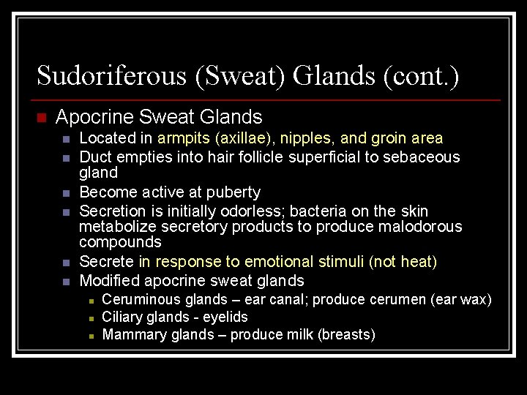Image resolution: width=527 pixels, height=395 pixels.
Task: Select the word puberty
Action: (x=232, y=192)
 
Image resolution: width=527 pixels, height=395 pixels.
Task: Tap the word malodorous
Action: (x=420, y=227)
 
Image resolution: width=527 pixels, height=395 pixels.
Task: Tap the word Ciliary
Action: (x=122, y=317)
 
